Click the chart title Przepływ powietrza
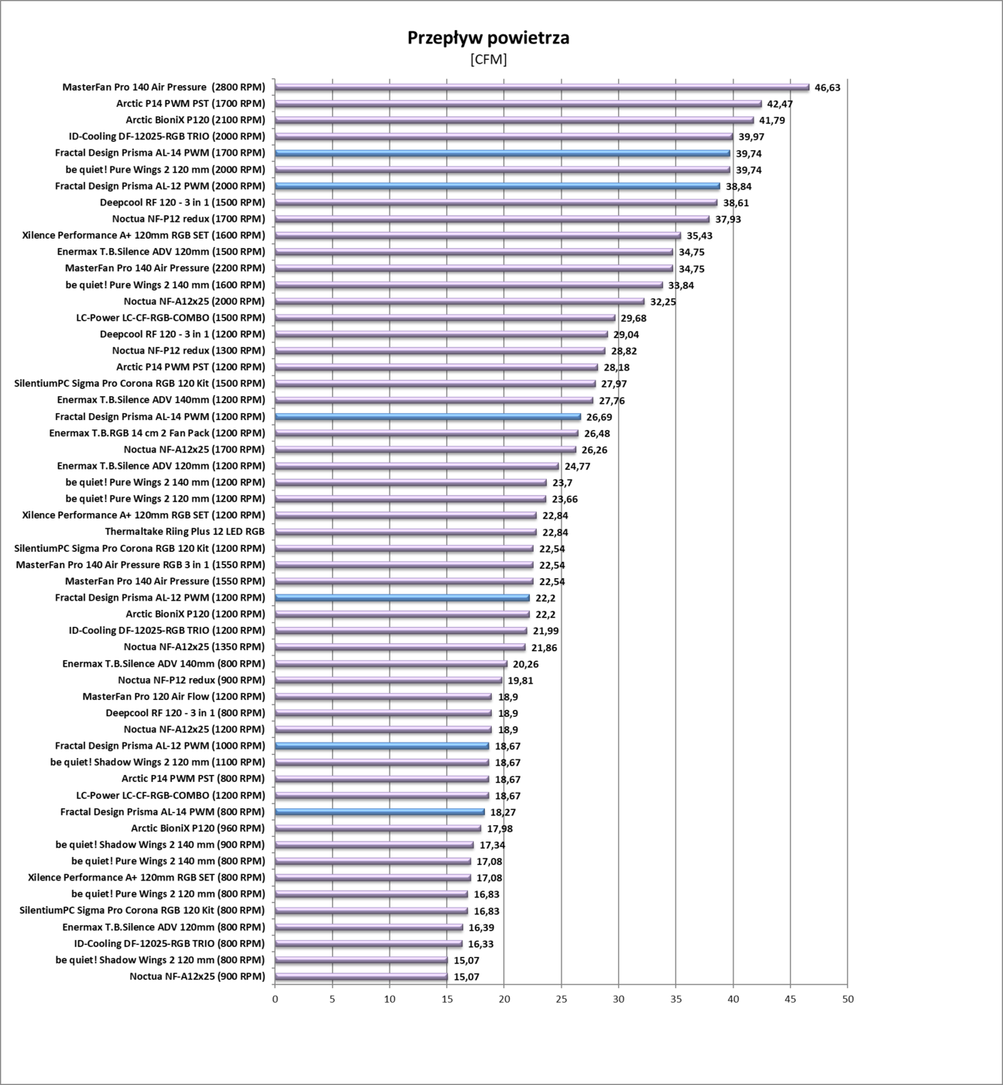pyautogui.click(x=488, y=38)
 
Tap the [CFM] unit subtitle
pyautogui.click(x=488, y=60)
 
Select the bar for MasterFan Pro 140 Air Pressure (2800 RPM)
pyautogui.click(x=541, y=88)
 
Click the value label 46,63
pyautogui.click(x=827, y=88)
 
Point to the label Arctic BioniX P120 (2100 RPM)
pyautogui.click(x=195, y=120)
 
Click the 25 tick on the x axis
pyautogui.click(x=562, y=999)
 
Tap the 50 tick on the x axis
pyautogui.click(x=847, y=999)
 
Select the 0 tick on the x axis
pyautogui.click(x=275, y=999)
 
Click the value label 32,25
pyautogui.click(x=663, y=301)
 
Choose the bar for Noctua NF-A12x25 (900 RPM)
pyautogui.click(x=361, y=977)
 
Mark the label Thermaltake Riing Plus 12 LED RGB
pyautogui.click(x=184, y=532)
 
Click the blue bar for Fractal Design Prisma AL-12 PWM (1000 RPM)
pyautogui.click(x=382, y=746)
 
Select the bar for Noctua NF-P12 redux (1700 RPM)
pyautogui.click(x=492, y=219)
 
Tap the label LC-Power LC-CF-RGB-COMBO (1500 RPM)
pyautogui.click(x=170, y=318)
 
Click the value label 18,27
pyautogui.click(x=503, y=812)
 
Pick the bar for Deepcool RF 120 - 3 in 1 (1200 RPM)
pyautogui.click(x=441, y=335)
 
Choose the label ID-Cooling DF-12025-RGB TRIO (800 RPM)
pyautogui.click(x=170, y=944)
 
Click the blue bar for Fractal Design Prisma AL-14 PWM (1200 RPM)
pyautogui.click(x=428, y=417)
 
